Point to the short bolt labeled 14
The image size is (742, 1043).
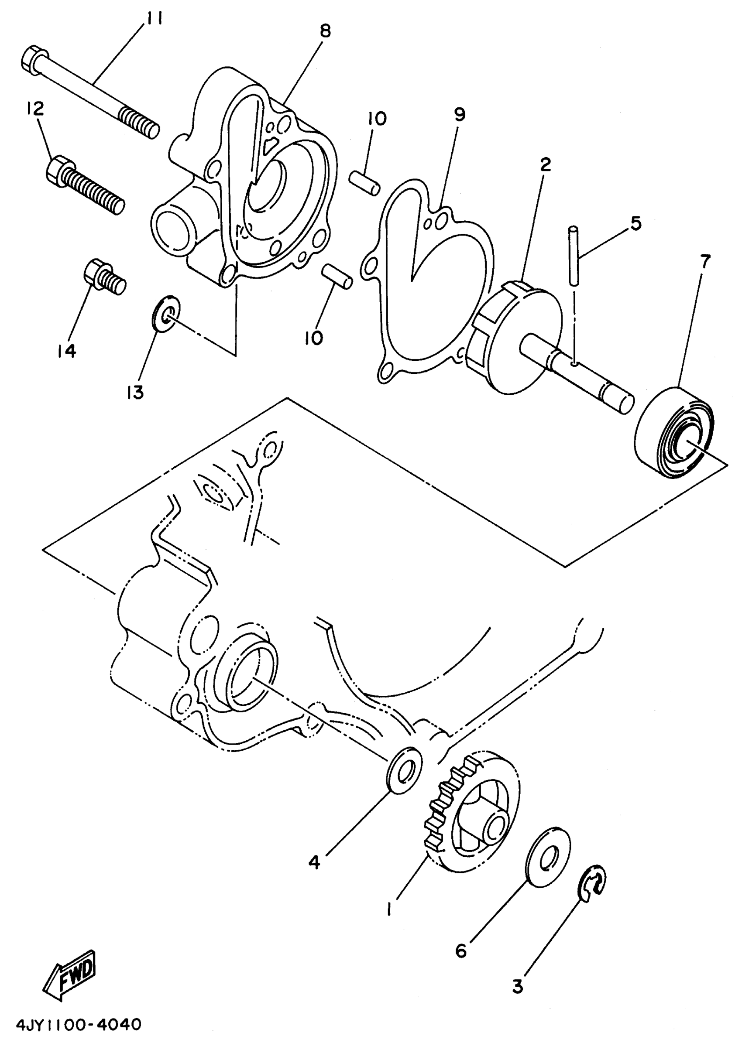click(104, 277)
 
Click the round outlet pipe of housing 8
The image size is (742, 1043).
click(172, 228)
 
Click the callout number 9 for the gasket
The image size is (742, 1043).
click(459, 115)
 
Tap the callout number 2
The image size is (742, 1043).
click(545, 164)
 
